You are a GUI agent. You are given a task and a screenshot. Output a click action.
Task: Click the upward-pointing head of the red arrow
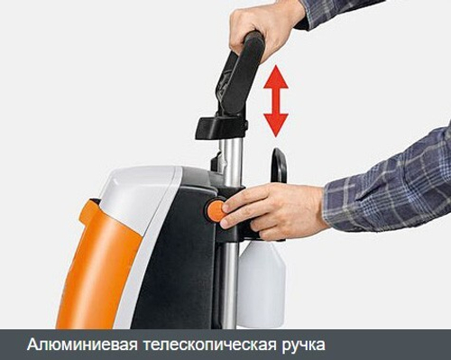pos(276,77)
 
